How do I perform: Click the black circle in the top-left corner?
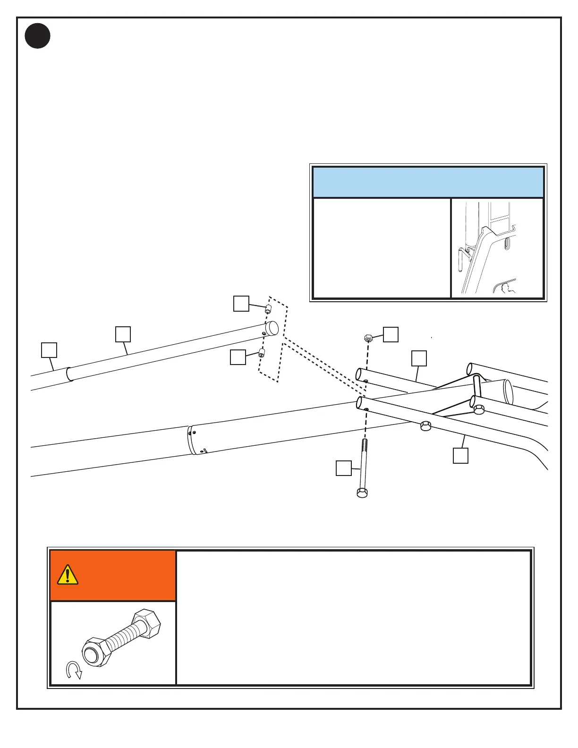tap(38, 36)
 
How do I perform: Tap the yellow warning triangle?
tap(68, 575)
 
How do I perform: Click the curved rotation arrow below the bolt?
tap(74, 670)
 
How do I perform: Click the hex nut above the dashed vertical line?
tap(369, 338)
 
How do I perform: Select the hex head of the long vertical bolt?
tap(362, 493)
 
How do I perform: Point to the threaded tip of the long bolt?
tap(365, 444)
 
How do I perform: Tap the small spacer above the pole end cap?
tap(268, 309)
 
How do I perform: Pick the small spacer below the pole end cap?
tap(262, 353)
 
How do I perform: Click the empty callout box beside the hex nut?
tap(391, 334)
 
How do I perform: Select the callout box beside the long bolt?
tap(343, 468)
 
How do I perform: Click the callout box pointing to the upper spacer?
tap(241, 304)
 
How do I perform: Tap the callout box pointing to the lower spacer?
tap(238, 357)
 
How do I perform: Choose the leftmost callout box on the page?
tap(49, 350)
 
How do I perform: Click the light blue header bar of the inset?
tap(428, 182)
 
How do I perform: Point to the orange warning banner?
tap(113, 576)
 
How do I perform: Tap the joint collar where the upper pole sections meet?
tap(69, 374)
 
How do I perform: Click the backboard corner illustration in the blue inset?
tap(497, 248)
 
